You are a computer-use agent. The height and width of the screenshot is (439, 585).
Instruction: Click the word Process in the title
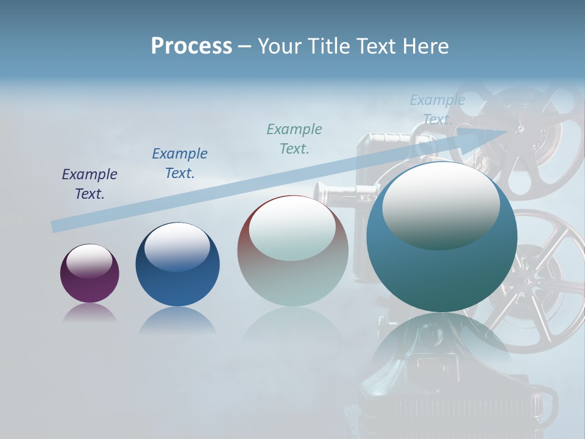(x=191, y=46)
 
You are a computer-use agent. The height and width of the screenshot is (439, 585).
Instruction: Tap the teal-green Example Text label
(x=294, y=138)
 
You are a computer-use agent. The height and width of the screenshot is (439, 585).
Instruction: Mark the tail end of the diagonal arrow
(x=54, y=227)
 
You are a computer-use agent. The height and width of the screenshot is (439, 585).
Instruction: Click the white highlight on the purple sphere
(x=89, y=260)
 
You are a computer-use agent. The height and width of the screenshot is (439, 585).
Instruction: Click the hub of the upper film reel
(x=519, y=129)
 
